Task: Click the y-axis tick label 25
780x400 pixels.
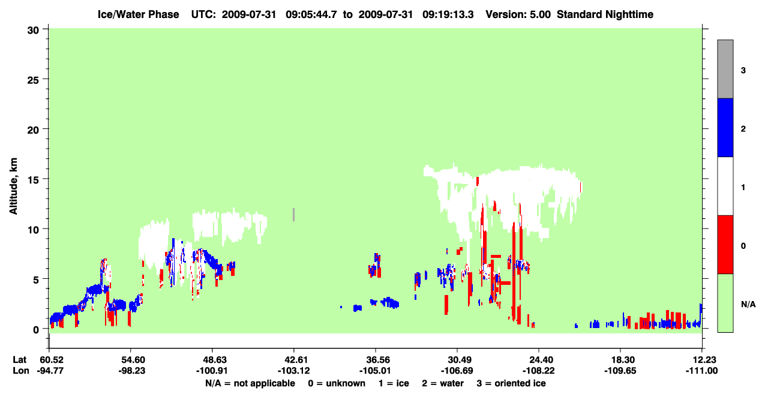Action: pos(33,80)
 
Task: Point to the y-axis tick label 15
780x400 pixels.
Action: pos(33,180)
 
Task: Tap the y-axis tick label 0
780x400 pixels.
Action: pos(36,329)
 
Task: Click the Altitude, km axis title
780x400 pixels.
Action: pos(13,186)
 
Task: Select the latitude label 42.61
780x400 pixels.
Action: pos(294,360)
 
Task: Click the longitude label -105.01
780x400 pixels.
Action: pos(376,371)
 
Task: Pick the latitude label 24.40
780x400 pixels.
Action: pos(539,360)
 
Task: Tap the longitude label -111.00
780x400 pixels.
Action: pos(701,371)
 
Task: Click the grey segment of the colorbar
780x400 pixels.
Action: pos(725,69)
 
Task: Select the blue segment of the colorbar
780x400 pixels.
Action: pos(725,127)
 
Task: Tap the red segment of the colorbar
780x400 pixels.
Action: pos(725,245)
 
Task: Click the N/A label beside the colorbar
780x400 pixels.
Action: pos(748,305)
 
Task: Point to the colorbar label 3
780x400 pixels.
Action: pos(743,71)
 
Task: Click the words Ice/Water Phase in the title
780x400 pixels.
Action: pos(138,14)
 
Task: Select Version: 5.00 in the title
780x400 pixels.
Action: pos(518,14)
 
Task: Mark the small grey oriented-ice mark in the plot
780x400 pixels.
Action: pos(294,215)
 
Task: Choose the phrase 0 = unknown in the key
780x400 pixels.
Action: pos(337,383)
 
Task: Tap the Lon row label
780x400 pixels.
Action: pos(21,371)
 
